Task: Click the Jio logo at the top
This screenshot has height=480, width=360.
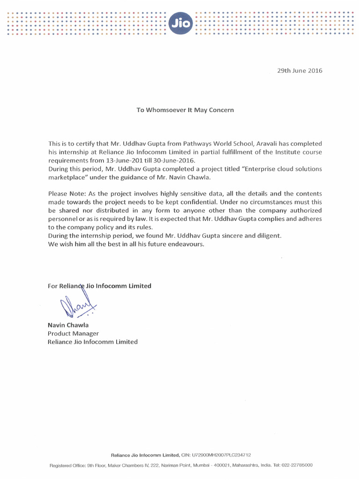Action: pos(180,23)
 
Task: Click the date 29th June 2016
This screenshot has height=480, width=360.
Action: pos(300,71)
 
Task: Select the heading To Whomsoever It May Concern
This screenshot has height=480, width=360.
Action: pos(185,110)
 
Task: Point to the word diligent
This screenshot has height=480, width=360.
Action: pos(268,236)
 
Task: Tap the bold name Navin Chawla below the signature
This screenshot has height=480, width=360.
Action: pos(68,325)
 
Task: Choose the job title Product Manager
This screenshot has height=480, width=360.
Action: pos(73,333)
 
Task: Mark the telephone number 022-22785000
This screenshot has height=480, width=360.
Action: pos(296,465)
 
